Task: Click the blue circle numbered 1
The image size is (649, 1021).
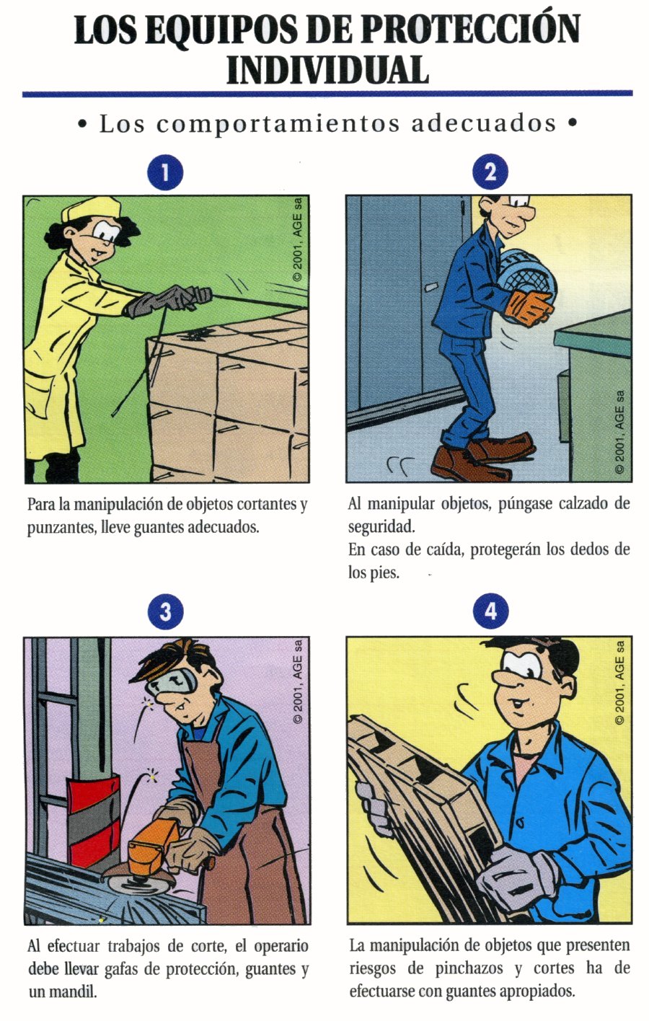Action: [165, 173]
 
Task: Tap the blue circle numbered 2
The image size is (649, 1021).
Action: [490, 172]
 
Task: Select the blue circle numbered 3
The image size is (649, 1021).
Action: [165, 611]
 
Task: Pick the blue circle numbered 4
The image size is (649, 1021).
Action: [490, 611]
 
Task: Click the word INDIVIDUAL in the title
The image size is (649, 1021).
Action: [327, 70]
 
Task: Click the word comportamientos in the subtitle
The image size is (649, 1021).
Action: [278, 124]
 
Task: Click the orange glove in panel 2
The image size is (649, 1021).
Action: [529, 306]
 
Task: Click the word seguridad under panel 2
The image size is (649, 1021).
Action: [381, 527]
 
